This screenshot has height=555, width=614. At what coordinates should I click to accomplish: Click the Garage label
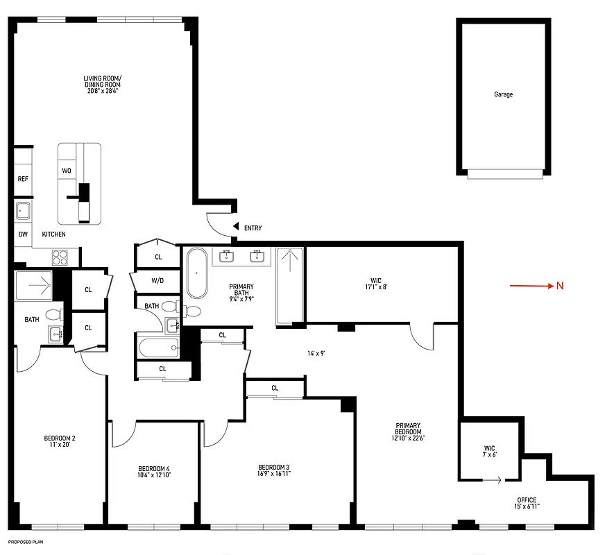[503, 94]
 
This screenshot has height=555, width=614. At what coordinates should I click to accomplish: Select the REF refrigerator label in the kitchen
[23, 179]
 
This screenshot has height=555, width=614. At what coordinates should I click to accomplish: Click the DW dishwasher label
[23, 234]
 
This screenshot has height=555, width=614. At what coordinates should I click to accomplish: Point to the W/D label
[157, 281]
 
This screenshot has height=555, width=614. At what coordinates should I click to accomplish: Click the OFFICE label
[527, 500]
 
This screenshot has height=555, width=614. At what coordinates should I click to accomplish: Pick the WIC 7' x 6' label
[490, 451]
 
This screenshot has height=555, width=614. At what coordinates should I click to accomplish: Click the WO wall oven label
[67, 170]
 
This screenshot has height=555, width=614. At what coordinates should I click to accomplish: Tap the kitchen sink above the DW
[23, 210]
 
